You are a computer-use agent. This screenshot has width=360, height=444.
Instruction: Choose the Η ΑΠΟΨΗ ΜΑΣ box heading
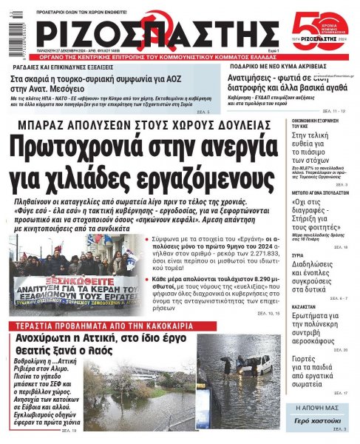322,408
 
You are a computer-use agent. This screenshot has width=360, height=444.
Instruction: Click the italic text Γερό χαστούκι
321,420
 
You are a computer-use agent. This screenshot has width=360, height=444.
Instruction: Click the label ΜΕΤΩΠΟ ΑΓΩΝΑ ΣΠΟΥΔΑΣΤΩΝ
321,171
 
